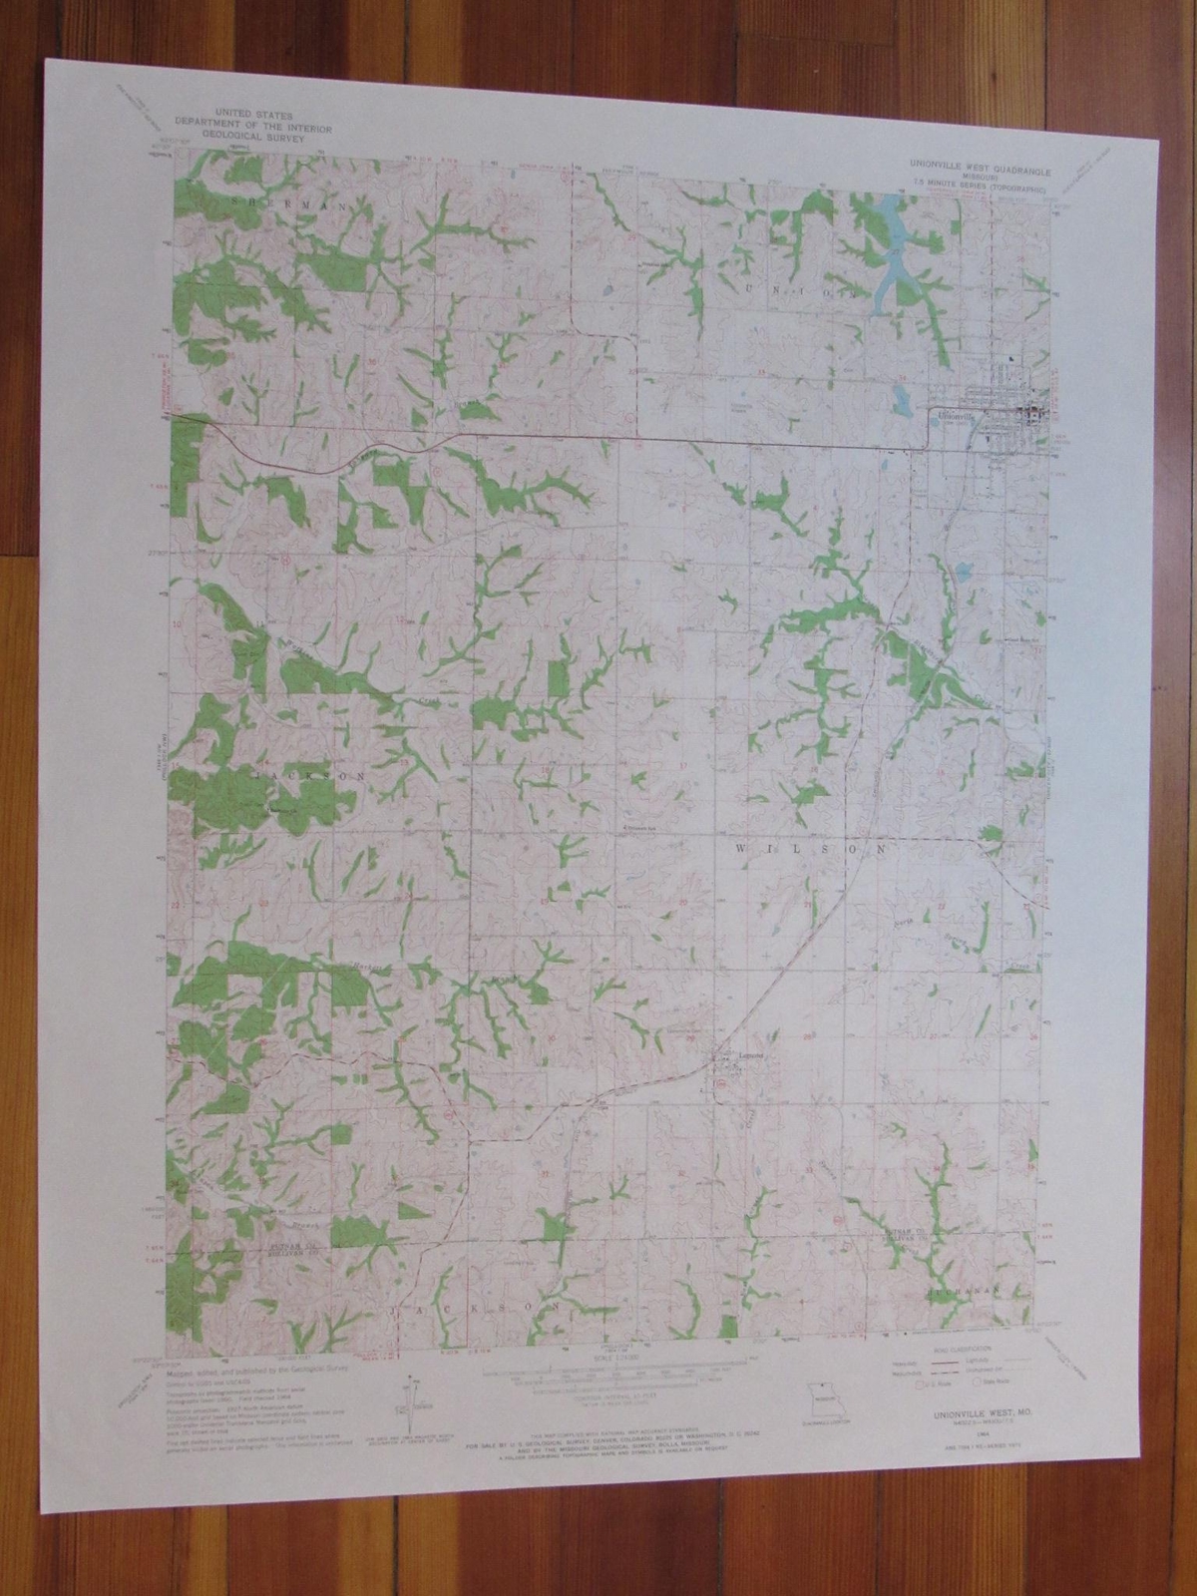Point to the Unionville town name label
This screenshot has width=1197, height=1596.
[953, 416]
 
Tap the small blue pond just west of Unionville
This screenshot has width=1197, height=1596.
[901, 403]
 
